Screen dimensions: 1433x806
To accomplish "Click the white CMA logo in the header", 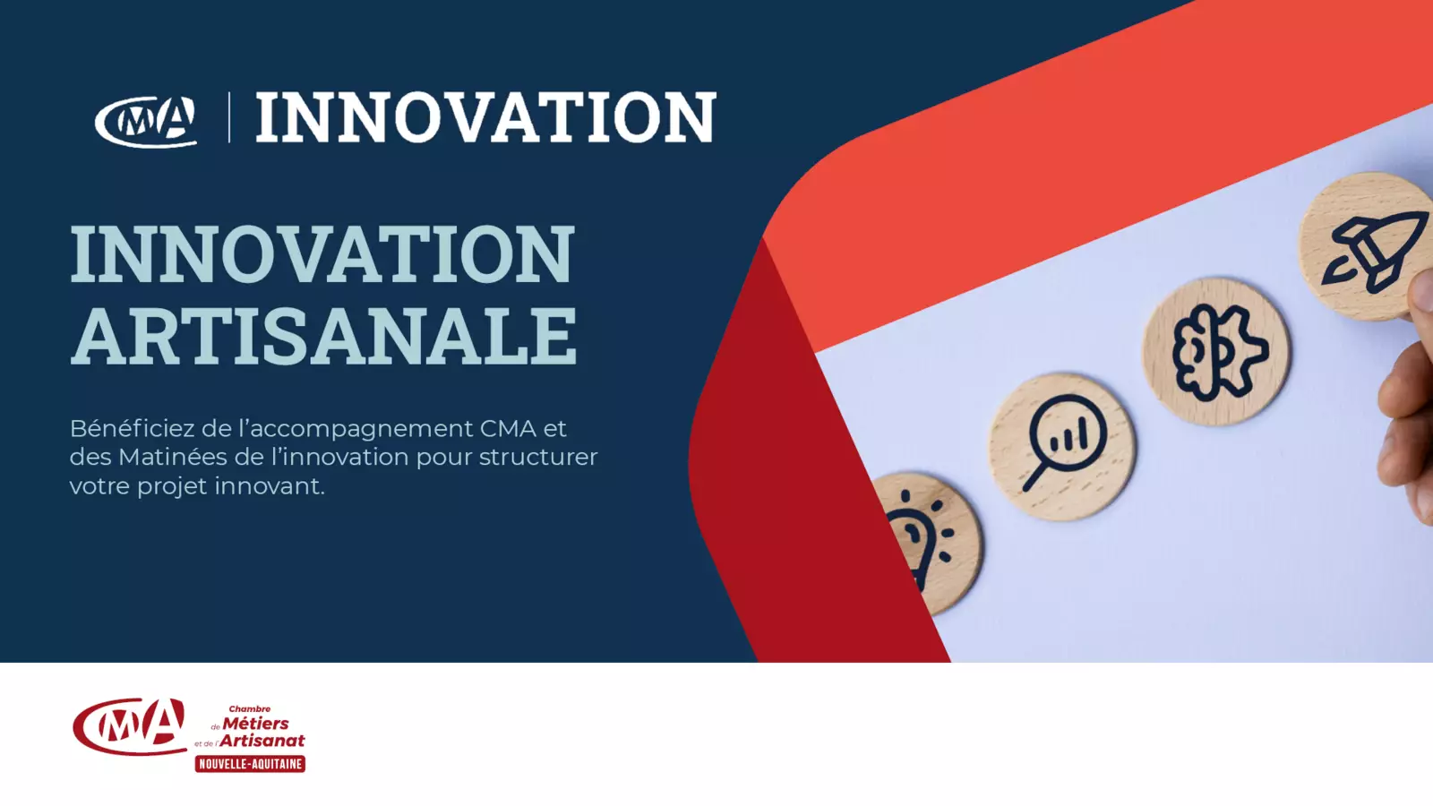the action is [x=146, y=121].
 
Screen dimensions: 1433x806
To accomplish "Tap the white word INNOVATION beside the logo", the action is [x=486, y=117].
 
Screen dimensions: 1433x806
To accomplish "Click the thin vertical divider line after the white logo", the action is [x=229, y=117].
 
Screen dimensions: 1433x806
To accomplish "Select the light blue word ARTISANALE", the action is [x=323, y=335].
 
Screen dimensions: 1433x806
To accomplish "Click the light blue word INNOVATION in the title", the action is [x=322, y=253].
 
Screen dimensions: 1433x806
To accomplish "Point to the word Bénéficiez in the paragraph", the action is [x=132, y=429].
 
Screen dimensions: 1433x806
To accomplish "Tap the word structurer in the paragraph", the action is [x=538, y=458].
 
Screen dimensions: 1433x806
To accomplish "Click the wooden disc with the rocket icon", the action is [x=1366, y=246].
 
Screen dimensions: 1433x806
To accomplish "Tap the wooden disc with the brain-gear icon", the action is [x=1217, y=351].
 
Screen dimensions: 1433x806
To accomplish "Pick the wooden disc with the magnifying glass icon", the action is [x=1062, y=447].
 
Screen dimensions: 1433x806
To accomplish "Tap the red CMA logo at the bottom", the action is [x=130, y=726].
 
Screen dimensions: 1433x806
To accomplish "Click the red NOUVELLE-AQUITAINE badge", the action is [x=250, y=764].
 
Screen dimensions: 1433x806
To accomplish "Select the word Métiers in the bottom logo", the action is [x=255, y=724].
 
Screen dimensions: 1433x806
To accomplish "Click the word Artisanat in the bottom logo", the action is [x=262, y=741].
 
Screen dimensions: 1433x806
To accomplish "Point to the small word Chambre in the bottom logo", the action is [x=250, y=708].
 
